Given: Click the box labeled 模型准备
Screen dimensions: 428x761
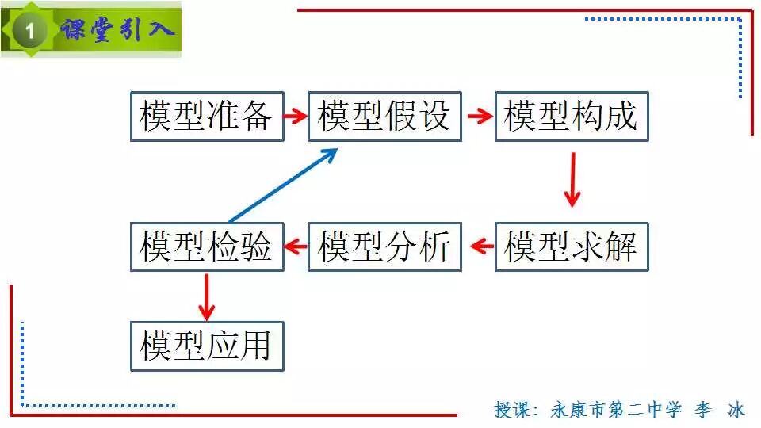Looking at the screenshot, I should [x=206, y=117].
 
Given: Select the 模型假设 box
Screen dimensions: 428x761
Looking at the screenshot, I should [x=384, y=117].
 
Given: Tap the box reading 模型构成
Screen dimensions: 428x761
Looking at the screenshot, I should [x=572, y=117].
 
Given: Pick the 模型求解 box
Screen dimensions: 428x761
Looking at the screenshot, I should [x=572, y=247].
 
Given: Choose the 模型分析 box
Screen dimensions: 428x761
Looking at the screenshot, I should [x=384, y=247].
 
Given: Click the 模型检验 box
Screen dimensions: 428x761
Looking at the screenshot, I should [x=206, y=247].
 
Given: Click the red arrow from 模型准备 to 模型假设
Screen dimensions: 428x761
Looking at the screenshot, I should [x=296, y=117].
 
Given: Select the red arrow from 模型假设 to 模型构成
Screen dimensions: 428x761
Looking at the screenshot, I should [x=480, y=117].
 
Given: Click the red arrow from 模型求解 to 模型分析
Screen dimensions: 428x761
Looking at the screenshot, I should [x=480, y=246].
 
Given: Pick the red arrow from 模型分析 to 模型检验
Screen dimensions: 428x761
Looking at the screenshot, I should [x=296, y=246].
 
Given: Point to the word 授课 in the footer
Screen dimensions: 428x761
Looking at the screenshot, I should [x=510, y=410].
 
